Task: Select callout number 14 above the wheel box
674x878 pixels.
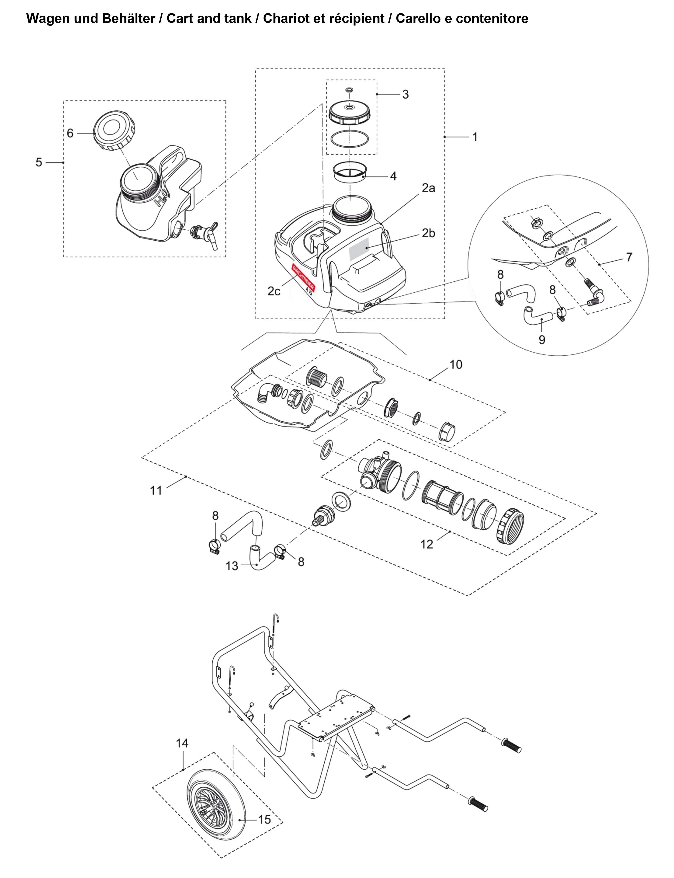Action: tap(182, 743)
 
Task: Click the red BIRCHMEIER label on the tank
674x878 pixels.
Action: tap(303, 277)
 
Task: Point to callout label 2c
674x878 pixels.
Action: tap(274, 291)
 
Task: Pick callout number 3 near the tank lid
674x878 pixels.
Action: tap(406, 94)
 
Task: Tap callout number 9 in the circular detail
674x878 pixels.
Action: tap(542, 340)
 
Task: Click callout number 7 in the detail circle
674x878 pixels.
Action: tap(629, 257)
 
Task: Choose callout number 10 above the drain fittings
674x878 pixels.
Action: tap(456, 365)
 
